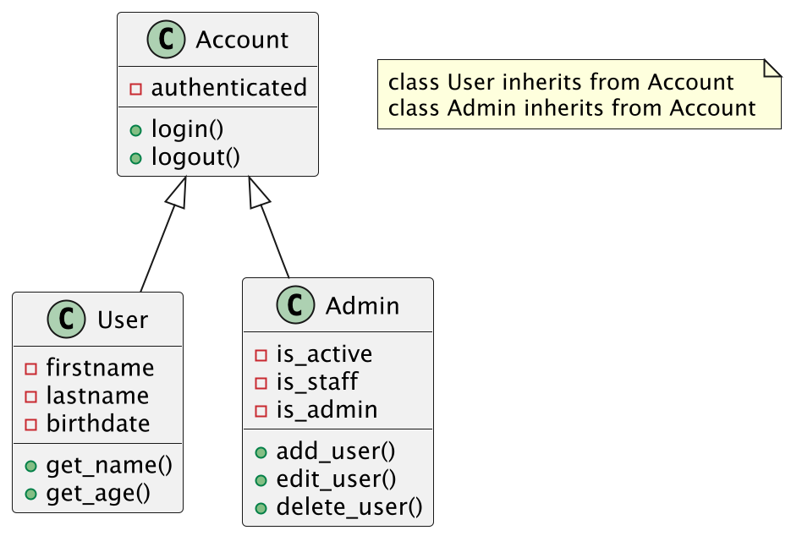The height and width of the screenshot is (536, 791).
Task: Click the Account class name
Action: click(x=242, y=40)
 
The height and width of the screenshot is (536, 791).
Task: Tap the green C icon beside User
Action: click(x=67, y=320)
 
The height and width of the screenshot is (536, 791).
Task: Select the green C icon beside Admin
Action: click(x=295, y=305)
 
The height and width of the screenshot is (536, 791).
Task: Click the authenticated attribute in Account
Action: click(x=228, y=87)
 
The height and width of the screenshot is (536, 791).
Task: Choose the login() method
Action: click(x=187, y=129)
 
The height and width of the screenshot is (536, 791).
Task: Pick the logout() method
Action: click(x=195, y=156)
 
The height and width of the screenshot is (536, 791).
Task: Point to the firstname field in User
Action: click(x=100, y=368)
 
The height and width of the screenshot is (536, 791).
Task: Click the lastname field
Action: click(x=97, y=396)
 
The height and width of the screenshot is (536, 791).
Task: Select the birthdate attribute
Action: click(x=98, y=423)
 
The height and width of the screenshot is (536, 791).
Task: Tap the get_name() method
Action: click(x=109, y=465)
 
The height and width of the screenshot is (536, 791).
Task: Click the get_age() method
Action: click(x=98, y=492)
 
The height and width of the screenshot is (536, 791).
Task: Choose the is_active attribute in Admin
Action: click(x=324, y=353)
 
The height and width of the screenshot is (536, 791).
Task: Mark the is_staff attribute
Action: click(x=317, y=381)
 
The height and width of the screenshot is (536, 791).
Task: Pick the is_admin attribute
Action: click(x=327, y=409)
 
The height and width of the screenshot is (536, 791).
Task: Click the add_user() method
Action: click(x=336, y=451)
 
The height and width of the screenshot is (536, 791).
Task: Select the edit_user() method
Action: click(x=336, y=479)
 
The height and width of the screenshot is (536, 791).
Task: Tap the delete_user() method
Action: click(x=349, y=506)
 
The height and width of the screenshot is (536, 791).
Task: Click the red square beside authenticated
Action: click(x=135, y=89)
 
